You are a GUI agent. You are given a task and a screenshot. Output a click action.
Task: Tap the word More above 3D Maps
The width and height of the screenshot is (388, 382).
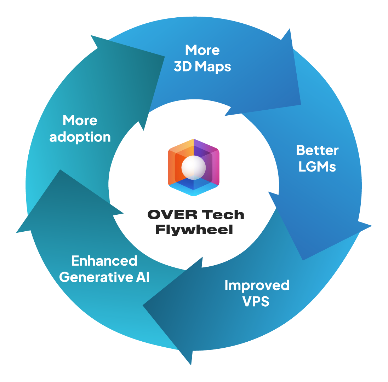point(202,50)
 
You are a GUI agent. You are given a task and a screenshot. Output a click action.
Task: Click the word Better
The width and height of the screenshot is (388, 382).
point(317,150)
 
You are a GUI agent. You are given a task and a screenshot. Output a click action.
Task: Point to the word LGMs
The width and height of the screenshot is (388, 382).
point(317,167)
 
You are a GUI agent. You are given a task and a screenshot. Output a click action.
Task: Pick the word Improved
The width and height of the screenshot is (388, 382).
point(257,285)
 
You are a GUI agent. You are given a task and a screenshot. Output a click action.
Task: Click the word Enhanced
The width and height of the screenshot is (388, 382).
point(104,261)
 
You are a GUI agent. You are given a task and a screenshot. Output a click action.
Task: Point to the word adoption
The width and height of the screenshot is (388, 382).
point(80,137)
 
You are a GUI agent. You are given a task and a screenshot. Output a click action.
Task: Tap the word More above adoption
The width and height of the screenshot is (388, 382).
point(80,121)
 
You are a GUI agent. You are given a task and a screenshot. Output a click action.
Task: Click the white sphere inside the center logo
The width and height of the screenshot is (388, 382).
point(193,168)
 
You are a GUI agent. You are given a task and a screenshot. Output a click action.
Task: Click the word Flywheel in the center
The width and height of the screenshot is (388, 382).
point(194,230)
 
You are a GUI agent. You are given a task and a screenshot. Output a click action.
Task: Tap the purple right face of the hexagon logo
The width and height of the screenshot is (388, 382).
point(211,166)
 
